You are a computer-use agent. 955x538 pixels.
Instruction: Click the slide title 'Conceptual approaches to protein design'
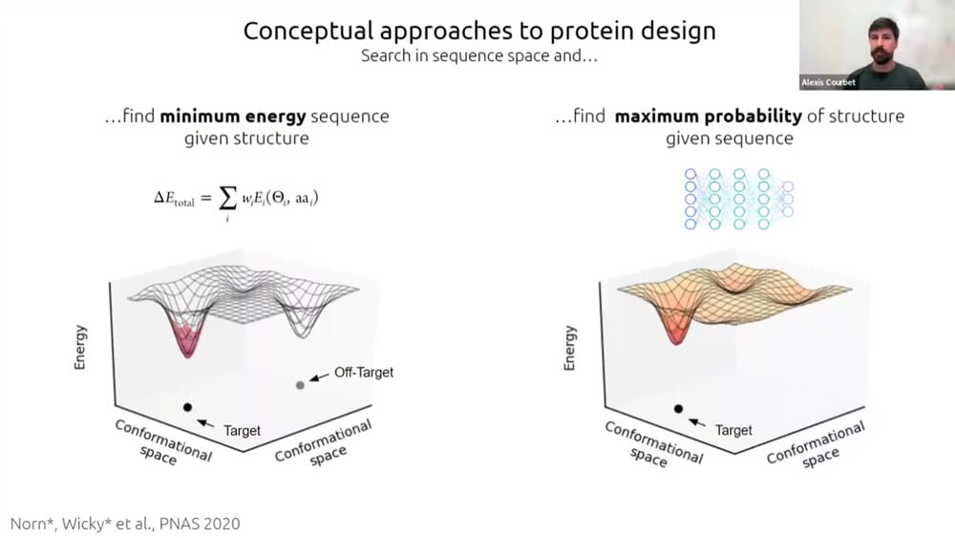coord(479,30)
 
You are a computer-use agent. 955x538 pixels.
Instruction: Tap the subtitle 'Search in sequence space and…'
coord(478,55)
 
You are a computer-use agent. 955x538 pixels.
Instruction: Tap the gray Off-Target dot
coord(300,384)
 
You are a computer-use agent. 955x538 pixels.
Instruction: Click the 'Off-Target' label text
coord(363,372)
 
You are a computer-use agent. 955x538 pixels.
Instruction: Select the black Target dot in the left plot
coord(187,407)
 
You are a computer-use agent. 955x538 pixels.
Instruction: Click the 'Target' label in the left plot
coord(242,430)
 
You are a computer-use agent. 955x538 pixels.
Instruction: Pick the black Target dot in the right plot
coord(678,408)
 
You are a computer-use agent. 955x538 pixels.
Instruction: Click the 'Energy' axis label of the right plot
coord(571,348)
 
